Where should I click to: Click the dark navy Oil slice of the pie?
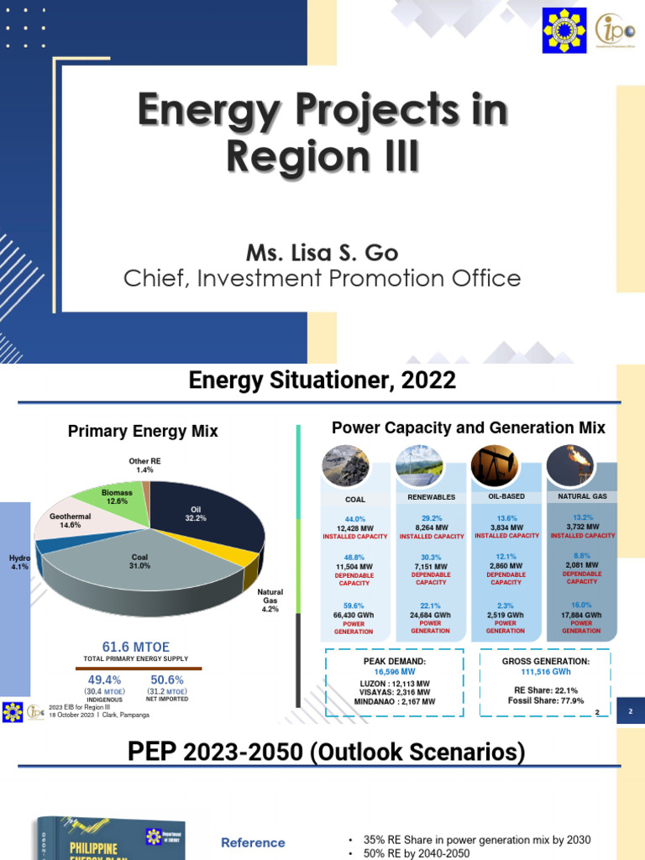pyautogui.click(x=202, y=512)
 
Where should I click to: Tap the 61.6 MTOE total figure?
pyautogui.click(x=136, y=647)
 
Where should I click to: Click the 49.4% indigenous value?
pyautogui.click(x=104, y=679)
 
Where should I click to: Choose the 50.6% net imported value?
pyautogui.click(x=167, y=679)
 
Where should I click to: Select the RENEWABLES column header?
pyautogui.click(x=431, y=497)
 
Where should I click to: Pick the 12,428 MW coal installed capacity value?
pyautogui.click(x=356, y=527)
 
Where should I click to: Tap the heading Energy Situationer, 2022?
pyautogui.click(x=322, y=381)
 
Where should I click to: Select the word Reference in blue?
pyautogui.click(x=253, y=842)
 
